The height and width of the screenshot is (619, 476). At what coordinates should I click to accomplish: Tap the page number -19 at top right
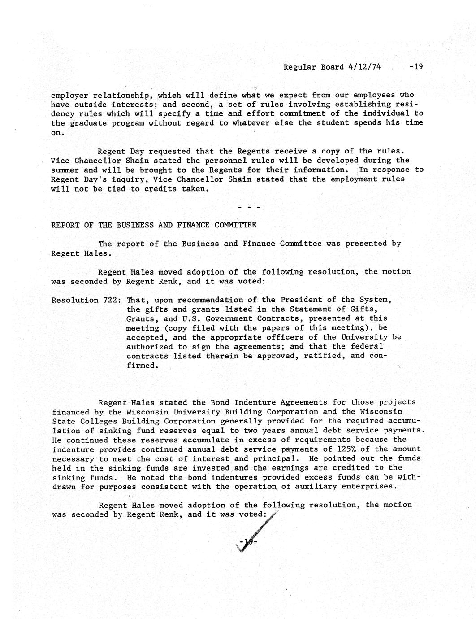(x=416, y=67)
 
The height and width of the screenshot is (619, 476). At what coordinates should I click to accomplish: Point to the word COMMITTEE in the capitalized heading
(x=235, y=225)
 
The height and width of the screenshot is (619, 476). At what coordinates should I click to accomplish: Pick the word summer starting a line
(x=65, y=170)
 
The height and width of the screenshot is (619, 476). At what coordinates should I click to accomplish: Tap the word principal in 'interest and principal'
(x=274, y=458)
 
